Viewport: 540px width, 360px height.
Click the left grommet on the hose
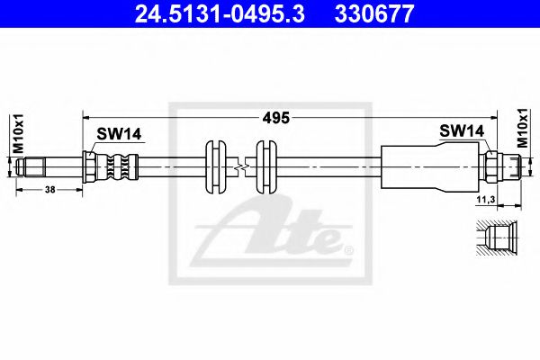(214, 166)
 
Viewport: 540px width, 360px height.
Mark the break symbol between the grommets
(238, 166)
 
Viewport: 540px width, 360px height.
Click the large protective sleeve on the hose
(430, 166)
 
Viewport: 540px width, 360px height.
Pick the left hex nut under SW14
(91, 166)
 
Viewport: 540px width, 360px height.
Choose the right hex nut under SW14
(490, 166)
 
